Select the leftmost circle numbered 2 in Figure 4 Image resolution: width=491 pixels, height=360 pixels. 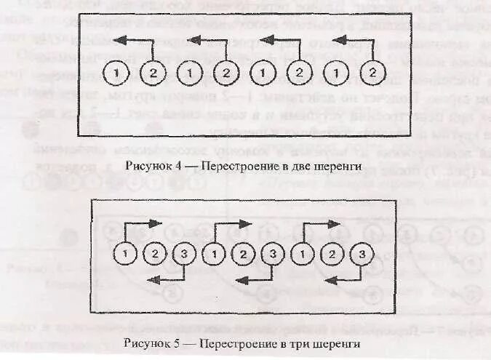coord(153,73)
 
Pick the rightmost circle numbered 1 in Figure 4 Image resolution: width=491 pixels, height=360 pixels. coord(335,73)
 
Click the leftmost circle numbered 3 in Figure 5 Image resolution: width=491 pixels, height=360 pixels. coord(183,255)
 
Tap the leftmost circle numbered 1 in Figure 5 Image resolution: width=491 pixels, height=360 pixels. coord(127,255)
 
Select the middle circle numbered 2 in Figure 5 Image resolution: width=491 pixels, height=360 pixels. coord(242,255)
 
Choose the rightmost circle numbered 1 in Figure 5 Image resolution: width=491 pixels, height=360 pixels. coord(302,255)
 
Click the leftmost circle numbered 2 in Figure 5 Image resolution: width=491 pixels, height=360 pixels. coord(154,255)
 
